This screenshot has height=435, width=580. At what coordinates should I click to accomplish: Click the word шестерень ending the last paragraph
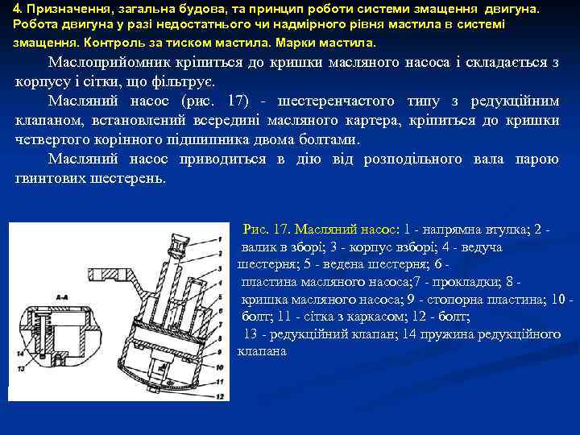tap(130, 178)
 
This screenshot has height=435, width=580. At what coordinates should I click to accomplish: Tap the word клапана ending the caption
tap(262, 351)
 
